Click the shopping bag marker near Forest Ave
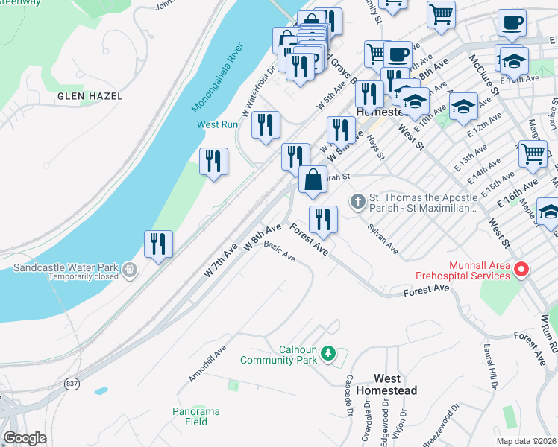(x=313, y=179)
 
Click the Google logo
(x=24, y=438)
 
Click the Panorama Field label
(x=196, y=416)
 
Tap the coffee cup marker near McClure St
(x=512, y=23)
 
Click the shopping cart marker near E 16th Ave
(x=533, y=153)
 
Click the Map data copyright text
(x=525, y=441)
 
